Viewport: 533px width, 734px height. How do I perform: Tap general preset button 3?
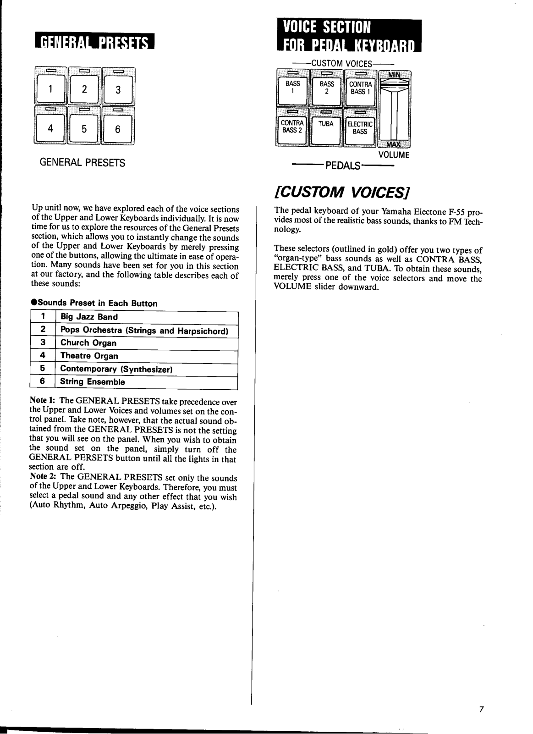point(118,90)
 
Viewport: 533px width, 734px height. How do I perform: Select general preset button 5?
point(84,129)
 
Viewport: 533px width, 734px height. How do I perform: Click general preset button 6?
point(118,129)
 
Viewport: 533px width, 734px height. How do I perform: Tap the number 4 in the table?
point(42,356)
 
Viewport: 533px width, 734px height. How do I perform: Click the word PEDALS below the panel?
point(343,166)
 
